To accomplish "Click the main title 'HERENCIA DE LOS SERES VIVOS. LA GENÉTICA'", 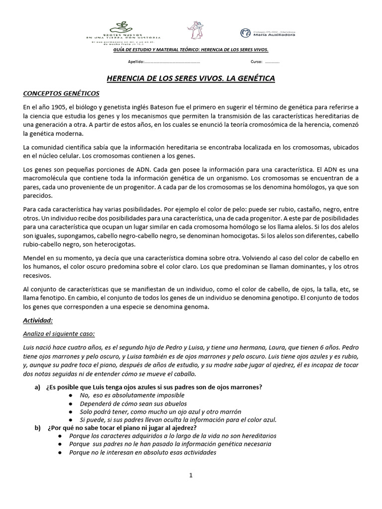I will click(x=191, y=79).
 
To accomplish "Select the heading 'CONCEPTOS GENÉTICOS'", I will click(x=61, y=93).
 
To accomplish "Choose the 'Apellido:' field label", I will click(x=136, y=63).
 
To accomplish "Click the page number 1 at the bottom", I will click(x=191, y=475).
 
